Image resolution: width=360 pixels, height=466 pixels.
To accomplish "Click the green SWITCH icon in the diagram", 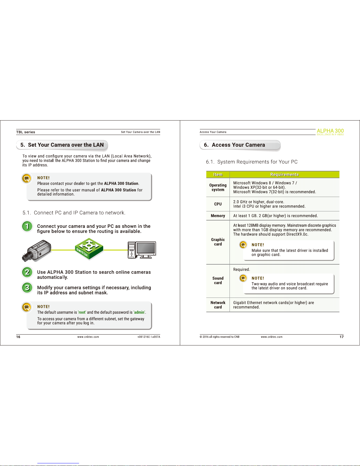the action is pyautogui.click(x=89, y=249).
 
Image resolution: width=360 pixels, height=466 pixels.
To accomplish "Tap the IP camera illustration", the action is pyautogui.click(x=36, y=251).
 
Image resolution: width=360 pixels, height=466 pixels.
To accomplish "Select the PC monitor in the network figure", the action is pyautogui.click(x=146, y=250).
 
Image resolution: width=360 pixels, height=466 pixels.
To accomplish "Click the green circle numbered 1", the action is pyautogui.click(x=27, y=226).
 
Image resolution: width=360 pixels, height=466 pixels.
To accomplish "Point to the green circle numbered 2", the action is pyautogui.click(x=27, y=272).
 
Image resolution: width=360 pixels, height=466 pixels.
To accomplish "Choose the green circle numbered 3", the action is pyautogui.click(x=27, y=288).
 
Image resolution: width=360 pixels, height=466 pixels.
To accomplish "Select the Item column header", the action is pyautogui.click(x=218, y=175).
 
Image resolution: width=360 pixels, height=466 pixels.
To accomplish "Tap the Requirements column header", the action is pyautogui.click(x=284, y=175).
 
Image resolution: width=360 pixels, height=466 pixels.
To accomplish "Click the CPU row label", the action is pyautogui.click(x=218, y=204).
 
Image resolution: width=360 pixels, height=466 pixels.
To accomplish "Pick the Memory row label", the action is pyautogui.click(x=218, y=216).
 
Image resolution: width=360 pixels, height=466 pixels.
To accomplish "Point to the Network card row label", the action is pyautogui.click(x=218, y=305).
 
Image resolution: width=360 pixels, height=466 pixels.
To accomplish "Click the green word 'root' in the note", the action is pyautogui.click(x=82, y=312).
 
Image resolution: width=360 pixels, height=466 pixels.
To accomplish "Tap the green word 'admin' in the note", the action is pyautogui.click(x=139, y=312).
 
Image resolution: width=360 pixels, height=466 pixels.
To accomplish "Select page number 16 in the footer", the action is pyautogui.click(x=18, y=337).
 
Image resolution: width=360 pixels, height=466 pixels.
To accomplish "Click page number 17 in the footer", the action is pyautogui.click(x=341, y=337).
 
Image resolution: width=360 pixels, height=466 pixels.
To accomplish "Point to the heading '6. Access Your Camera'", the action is pyautogui.click(x=235, y=145).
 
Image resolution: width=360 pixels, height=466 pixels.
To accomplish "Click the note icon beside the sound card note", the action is pyautogui.click(x=243, y=278).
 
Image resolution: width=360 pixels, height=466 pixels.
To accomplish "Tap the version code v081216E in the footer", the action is pyautogui.click(x=144, y=337).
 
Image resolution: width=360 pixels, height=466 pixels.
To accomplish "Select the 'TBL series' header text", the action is pyautogui.click(x=26, y=132).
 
